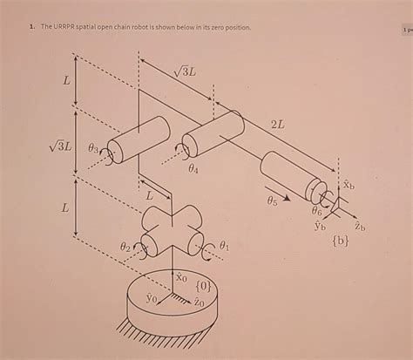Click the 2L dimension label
click(278, 125)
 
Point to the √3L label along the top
click(185, 73)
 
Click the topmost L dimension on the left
click(65, 80)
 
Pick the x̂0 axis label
click(182, 278)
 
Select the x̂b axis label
click(348, 185)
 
